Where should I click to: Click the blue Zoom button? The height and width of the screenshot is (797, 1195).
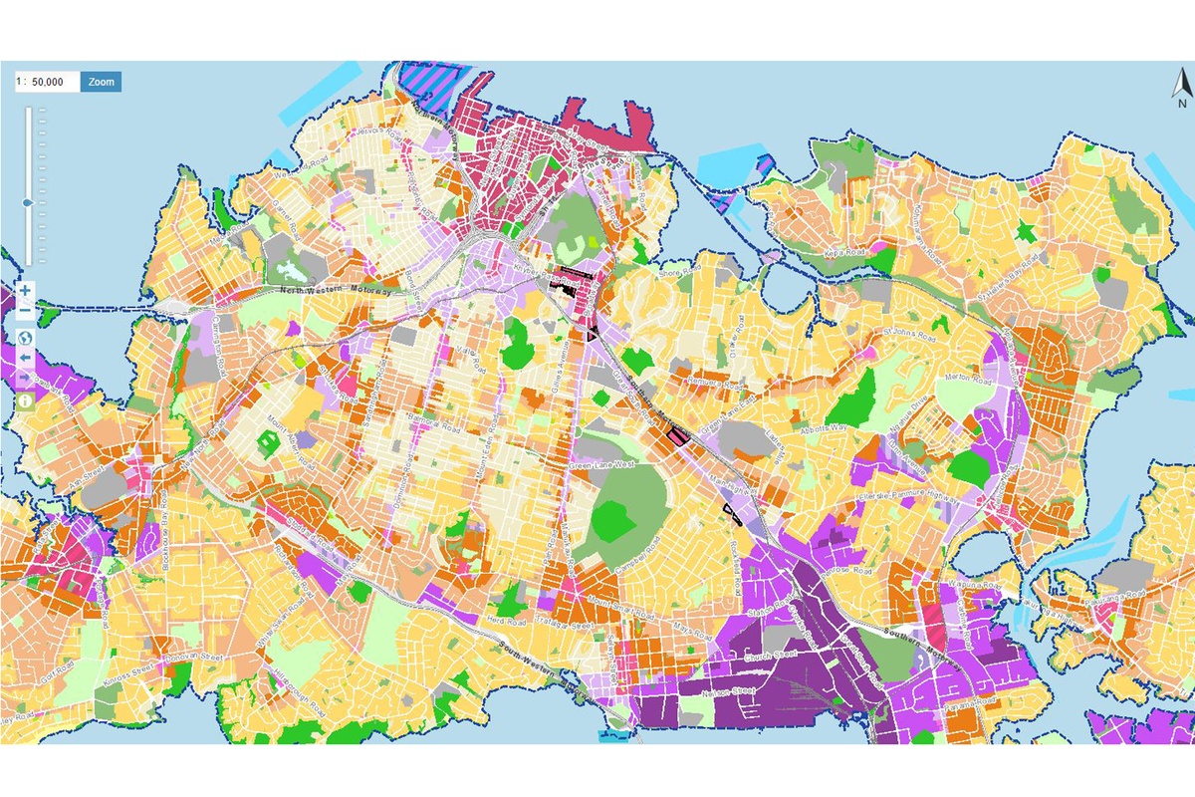point(101,82)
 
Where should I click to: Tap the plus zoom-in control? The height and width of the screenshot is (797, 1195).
point(25,291)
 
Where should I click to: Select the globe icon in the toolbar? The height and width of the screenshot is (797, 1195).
point(25,336)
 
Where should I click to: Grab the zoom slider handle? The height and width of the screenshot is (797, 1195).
point(28,202)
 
